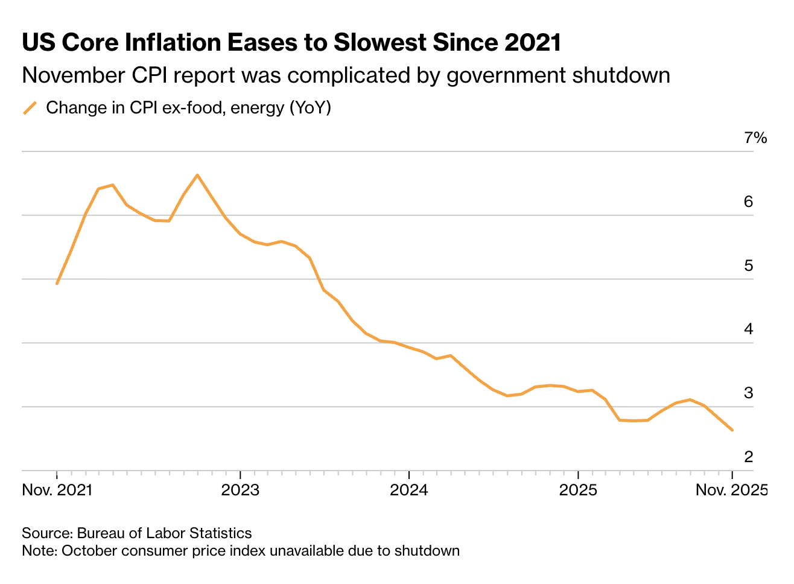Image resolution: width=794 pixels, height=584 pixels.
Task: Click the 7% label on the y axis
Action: coord(755,138)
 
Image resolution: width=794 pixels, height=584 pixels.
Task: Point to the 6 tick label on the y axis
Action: coord(749,202)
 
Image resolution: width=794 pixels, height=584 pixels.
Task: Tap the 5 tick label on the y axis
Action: coord(749,265)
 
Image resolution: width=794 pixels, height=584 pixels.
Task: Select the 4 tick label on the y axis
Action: coord(749,329)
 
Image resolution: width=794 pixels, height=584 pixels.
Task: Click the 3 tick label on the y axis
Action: coord(749,393)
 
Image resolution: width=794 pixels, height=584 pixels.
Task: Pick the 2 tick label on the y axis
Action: coord(749,457)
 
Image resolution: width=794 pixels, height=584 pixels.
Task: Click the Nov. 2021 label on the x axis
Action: coord(57,490)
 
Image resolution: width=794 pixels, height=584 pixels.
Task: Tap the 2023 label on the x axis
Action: coord(240,490)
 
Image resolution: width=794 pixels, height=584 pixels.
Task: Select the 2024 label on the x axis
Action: coord(409,490)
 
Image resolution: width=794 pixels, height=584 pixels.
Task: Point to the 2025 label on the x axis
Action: coord(578,490)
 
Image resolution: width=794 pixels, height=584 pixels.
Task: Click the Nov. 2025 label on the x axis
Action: coord(731,490)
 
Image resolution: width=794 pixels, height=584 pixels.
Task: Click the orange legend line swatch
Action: coord(30,108)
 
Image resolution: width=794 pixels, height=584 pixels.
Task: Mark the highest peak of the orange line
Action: coord(197,175)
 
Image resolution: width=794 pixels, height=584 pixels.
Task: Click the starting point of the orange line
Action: coord(57,284)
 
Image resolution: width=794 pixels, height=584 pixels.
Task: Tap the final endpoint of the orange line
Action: coord(732,430)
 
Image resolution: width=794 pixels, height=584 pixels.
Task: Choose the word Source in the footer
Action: coord(46,533)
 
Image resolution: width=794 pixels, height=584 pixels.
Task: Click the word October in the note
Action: coord(87,551)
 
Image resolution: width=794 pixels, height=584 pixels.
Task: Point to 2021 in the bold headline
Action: coord(532,43)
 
